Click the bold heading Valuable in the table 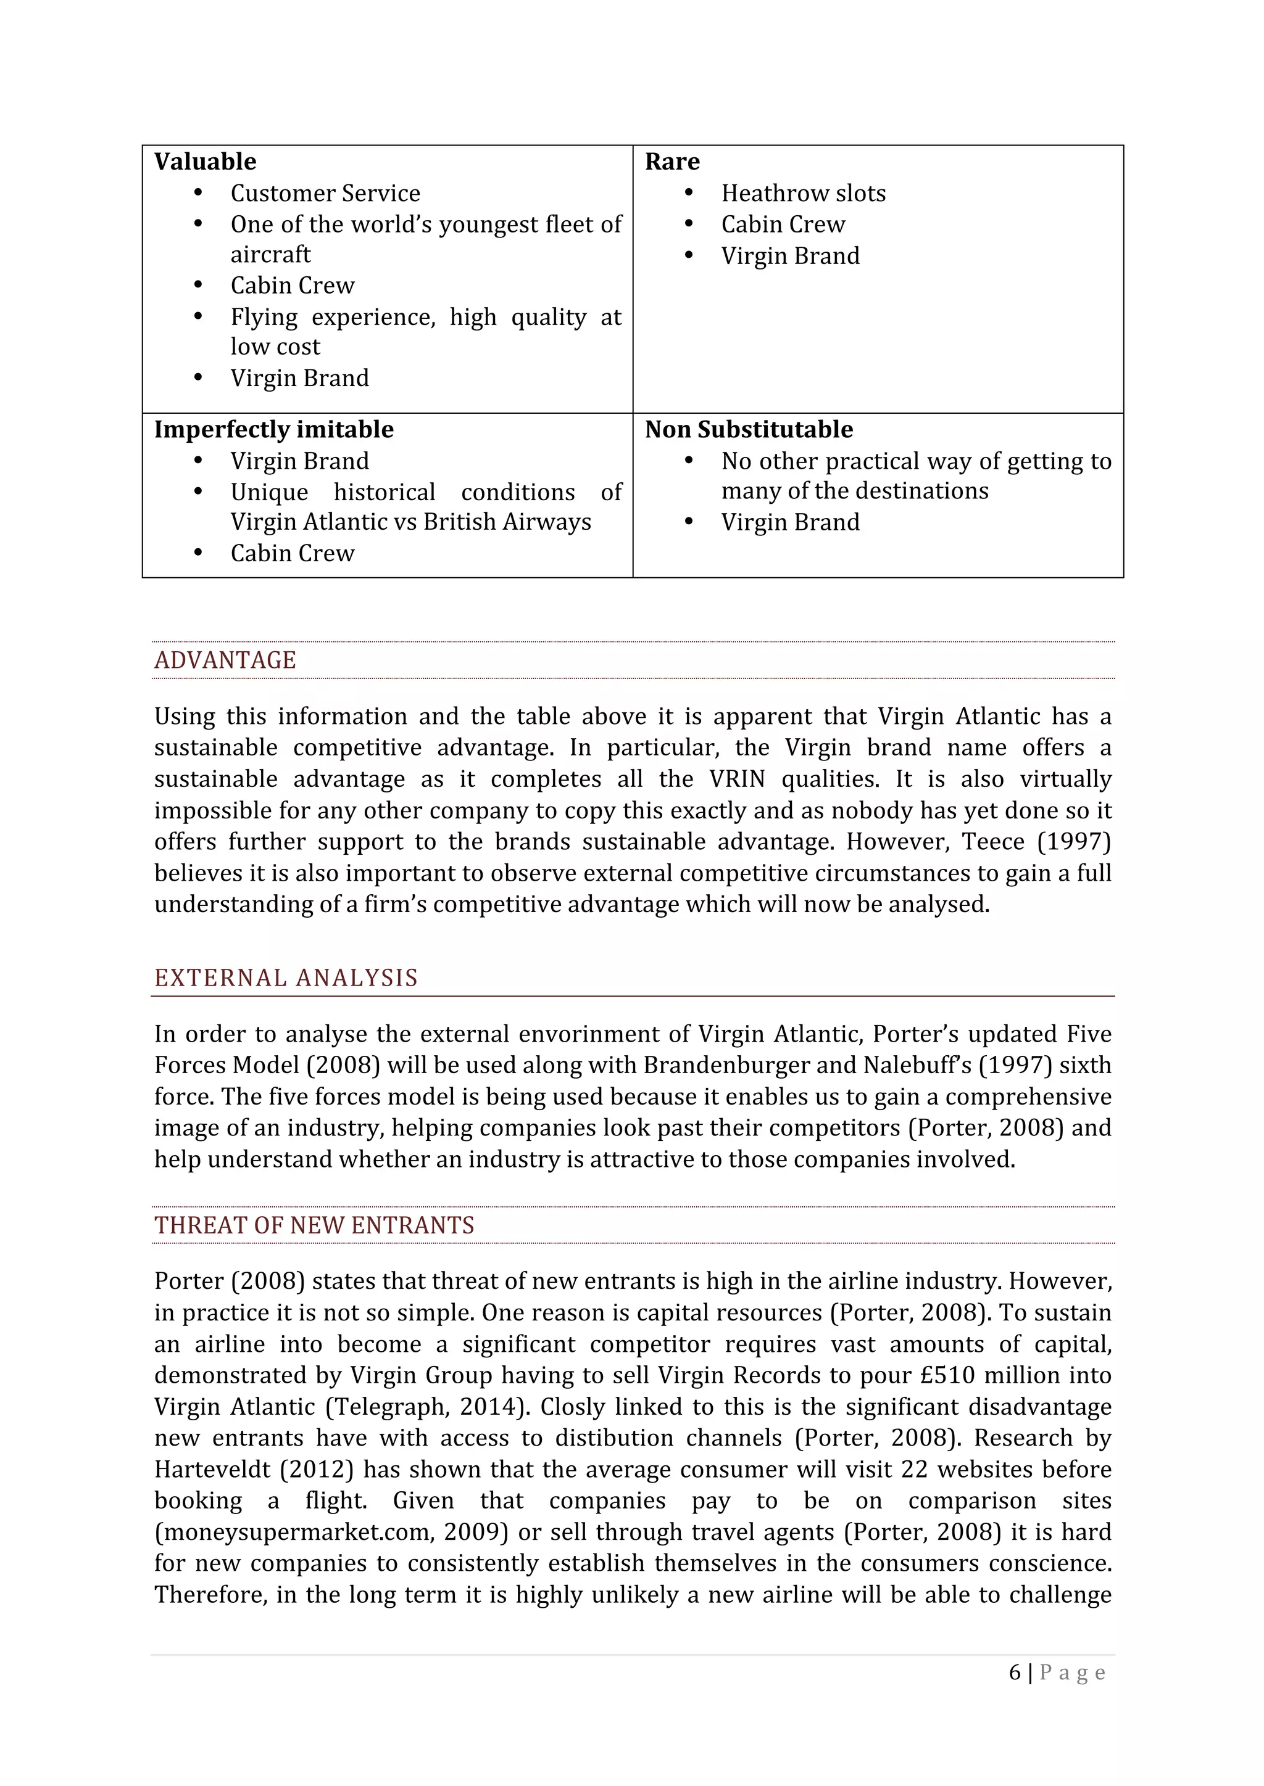(x=205, y=162)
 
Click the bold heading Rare (x=671, y=162)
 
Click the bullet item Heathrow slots (x=803, y=193)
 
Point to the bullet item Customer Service (x=325, y=193)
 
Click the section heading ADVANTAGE (x=225, y=660)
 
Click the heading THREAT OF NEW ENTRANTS (x=314, y=1225)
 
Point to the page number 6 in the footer (x=1014, y=1673)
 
